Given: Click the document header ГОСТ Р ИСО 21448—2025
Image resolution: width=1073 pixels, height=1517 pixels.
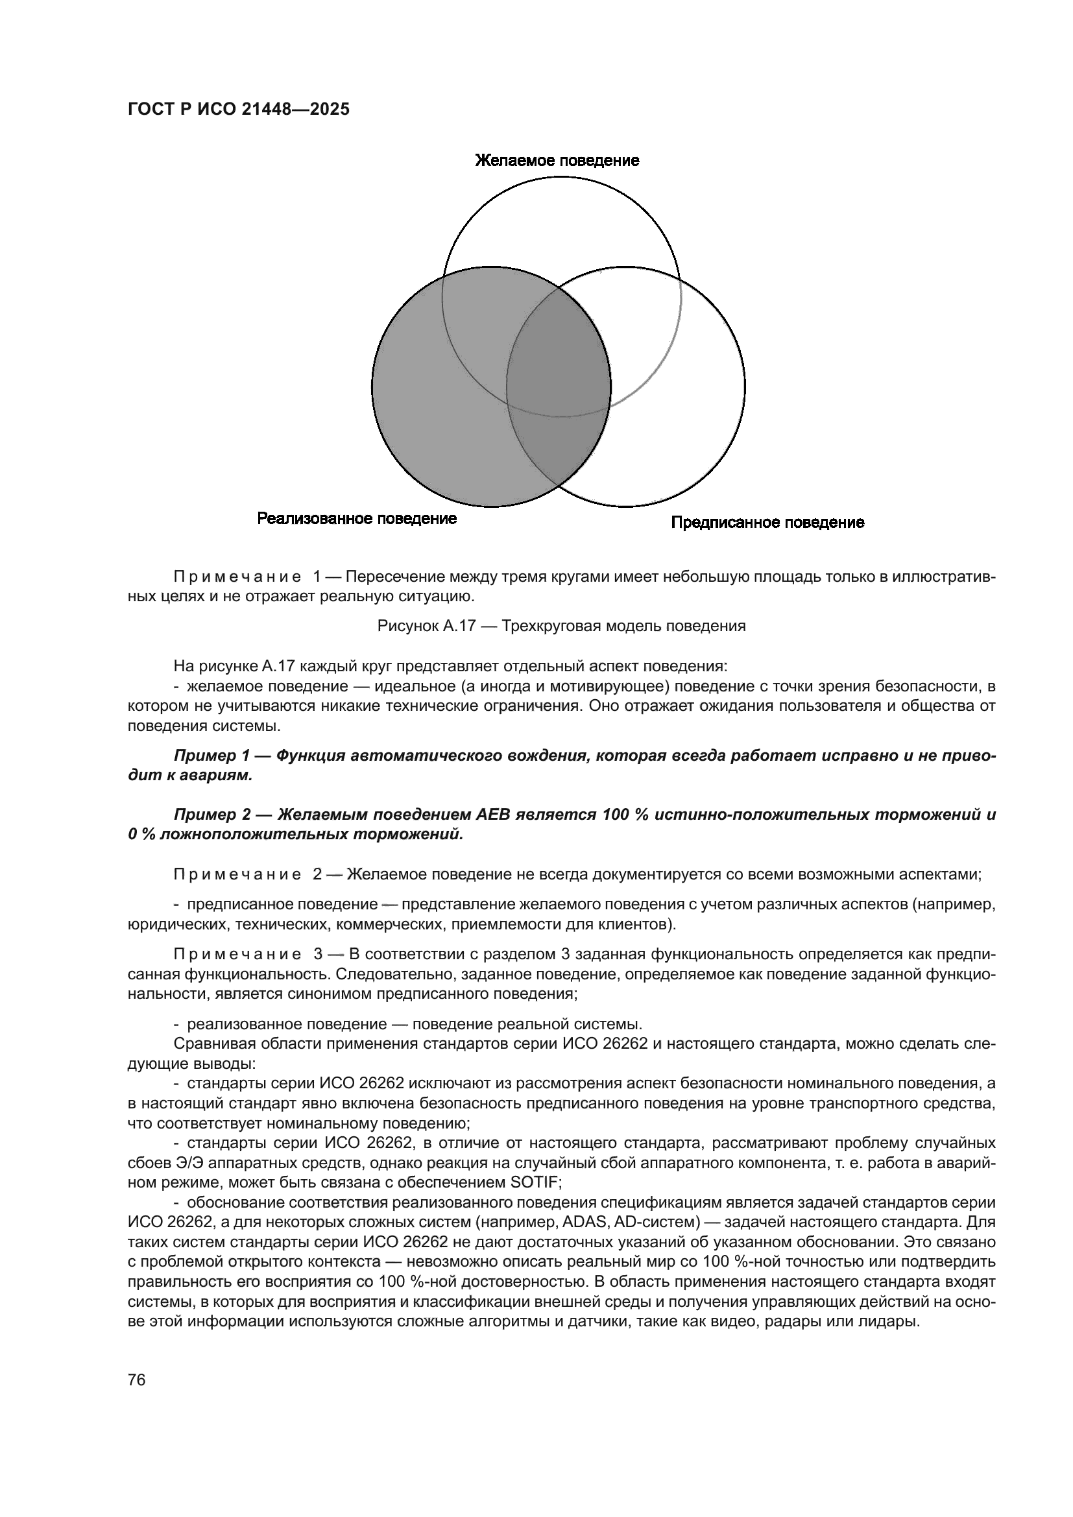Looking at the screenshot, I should [x=239, y=110].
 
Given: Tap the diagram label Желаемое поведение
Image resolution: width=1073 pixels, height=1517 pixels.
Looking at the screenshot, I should [x=557, y=161].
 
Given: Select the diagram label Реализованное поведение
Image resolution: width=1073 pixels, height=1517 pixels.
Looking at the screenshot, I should [x=357, y=519].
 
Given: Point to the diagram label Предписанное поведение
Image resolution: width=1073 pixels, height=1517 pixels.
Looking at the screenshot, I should [x=767, y=523].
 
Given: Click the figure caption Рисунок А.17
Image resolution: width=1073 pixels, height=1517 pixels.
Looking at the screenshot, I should [x=426, y=626].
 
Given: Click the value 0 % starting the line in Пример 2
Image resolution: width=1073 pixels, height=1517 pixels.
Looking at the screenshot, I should [x=140, y=835].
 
